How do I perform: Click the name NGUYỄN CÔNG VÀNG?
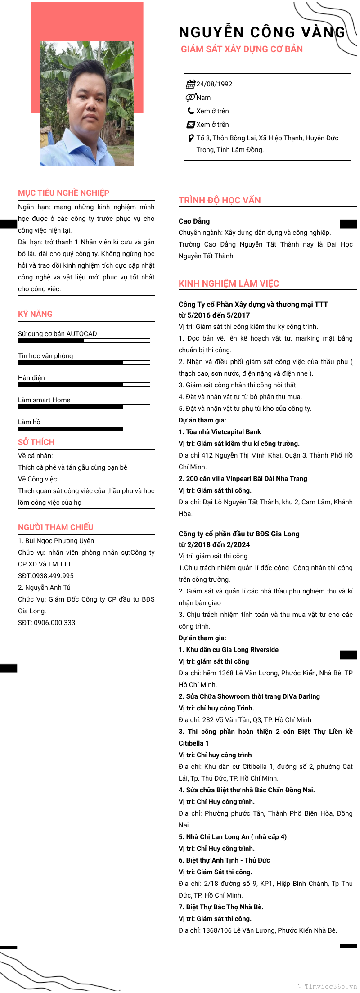(x=262, y=32)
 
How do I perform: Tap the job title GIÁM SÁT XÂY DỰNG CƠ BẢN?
(x=242, y=49)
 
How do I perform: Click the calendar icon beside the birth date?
(x=191, y=84)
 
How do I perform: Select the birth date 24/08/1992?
(x=214, y=84)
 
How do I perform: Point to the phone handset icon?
(x=191, y=111)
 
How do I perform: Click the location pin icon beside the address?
(x=191, y=138)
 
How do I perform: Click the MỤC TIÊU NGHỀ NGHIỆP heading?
(x=63, y=193)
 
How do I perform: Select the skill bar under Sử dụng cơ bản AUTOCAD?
(x=84, y=341)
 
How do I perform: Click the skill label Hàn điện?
(x=31, y=378)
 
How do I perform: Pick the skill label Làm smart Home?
(x=44, y=400)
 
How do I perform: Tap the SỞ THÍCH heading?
(x=36, y=442)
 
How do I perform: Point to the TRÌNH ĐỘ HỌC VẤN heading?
(x=220, y=201)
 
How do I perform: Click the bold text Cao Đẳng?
(x=194, y=221)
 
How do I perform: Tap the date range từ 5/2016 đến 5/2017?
(x=214, y=315)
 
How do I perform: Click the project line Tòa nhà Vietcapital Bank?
(x=223, y=432)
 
